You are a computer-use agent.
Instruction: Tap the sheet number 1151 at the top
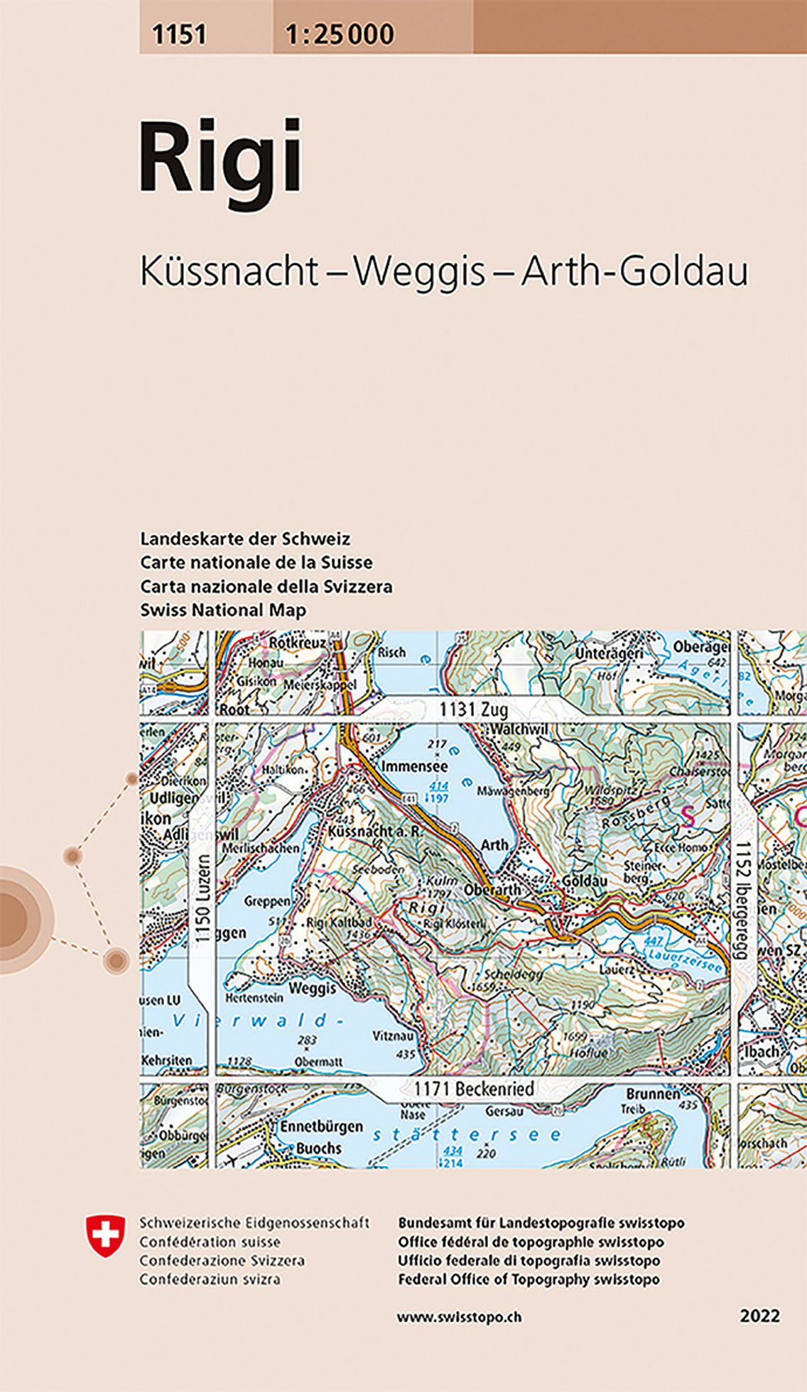click(179, 34)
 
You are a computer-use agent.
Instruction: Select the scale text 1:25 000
click(340, 34)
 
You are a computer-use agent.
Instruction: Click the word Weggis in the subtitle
click(419, 271)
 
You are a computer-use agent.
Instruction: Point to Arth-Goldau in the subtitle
click(634, 271)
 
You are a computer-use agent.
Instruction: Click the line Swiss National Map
click(223, 610)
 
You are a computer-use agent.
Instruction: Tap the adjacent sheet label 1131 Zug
click(473, 709)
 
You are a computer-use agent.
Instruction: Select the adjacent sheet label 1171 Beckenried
click(474, 1088)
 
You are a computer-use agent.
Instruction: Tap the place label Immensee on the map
click(415, 766)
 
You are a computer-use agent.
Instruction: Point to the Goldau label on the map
click(585, 881)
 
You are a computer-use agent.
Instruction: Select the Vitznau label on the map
click(393, 1036)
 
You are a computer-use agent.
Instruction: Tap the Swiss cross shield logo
click(105, 1235)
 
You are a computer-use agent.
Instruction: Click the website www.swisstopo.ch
click(459, 1317)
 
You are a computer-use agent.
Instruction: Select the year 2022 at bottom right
click(759, 1316)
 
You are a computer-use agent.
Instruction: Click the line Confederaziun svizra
click(210, 1279)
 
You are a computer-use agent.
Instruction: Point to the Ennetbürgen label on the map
click(321, 1126)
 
